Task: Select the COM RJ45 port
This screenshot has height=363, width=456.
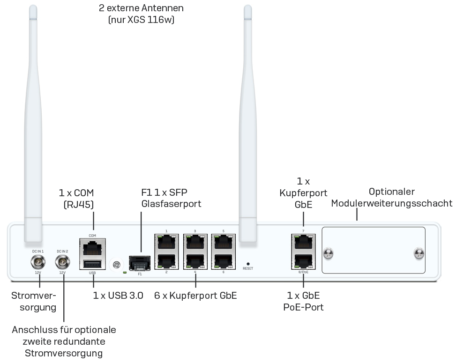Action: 93,246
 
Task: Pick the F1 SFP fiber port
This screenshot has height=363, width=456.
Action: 140,263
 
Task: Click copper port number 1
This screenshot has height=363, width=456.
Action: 166,242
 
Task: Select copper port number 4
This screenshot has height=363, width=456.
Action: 195,261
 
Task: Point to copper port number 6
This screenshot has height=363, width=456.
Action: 223,261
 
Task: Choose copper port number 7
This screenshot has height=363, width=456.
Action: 303,242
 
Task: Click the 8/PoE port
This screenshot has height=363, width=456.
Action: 303,261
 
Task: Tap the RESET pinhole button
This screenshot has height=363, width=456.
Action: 248,264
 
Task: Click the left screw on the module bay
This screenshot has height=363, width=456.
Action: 329,254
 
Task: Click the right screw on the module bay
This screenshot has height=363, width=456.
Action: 418,254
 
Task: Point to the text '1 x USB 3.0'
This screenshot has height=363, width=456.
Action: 118,296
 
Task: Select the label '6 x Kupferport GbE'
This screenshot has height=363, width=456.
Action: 195,296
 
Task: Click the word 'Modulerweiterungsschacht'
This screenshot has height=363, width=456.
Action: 392,203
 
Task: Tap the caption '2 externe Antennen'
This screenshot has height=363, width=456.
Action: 141,8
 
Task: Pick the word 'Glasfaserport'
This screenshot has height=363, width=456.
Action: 171,204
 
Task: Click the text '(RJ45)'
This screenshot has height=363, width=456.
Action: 78,204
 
